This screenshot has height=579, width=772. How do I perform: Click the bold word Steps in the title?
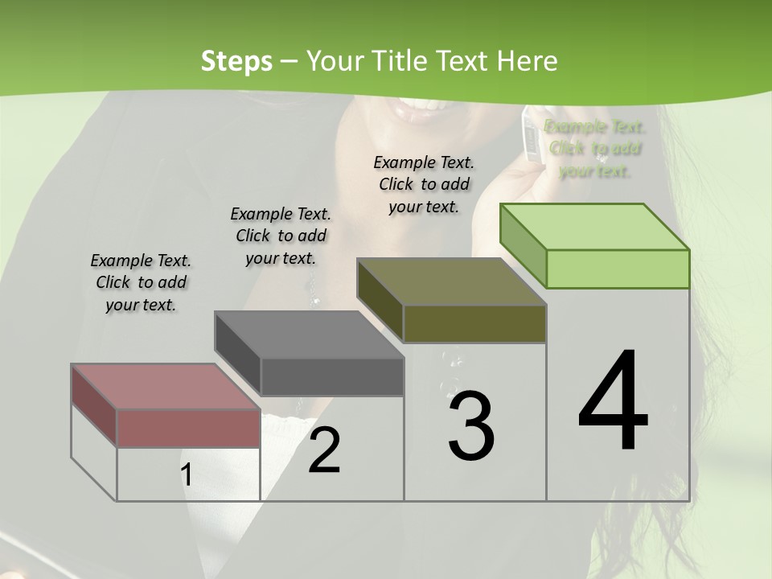[x=236, y=61]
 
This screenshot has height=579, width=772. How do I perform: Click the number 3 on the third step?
[x=470, y=425]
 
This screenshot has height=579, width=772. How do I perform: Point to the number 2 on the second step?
[x=324, y=450]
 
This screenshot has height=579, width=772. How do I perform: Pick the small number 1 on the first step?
[x=186, y=475]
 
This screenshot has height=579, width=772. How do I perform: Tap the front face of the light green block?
[x=618, y=269]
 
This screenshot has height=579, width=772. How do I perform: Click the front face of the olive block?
[x=474, y=323]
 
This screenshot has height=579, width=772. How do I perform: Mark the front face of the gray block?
[x=331, y=376]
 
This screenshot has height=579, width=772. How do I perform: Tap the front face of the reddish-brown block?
[x=188, y=428]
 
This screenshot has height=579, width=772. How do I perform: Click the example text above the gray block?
[x=281, y=236]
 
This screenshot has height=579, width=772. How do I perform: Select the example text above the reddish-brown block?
[x=141, y=282]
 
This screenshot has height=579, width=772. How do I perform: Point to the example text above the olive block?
[x=424, y=184]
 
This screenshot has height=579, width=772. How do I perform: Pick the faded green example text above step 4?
[x=595, y=148]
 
